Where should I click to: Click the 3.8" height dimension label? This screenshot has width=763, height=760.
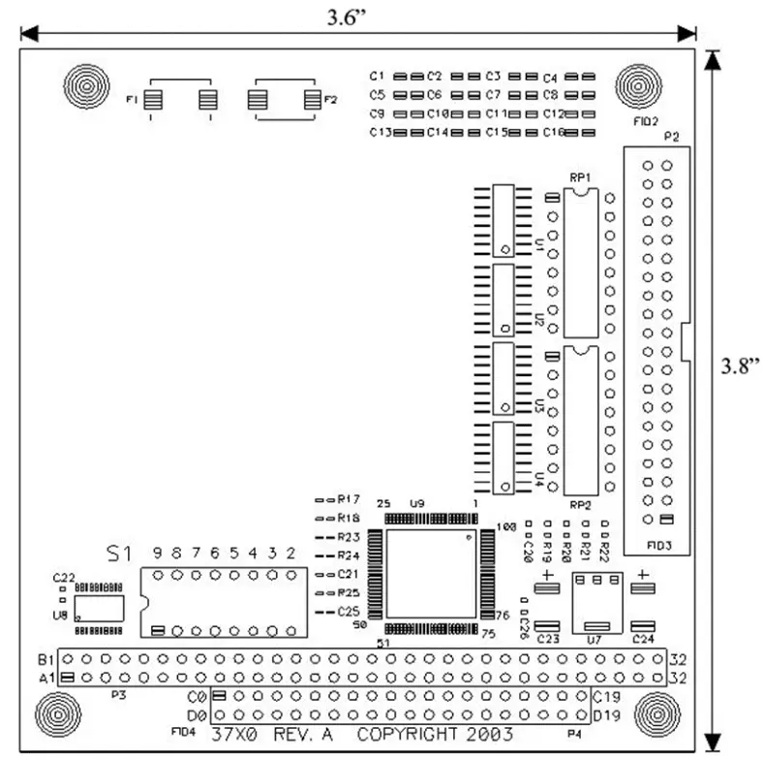coord(739,365)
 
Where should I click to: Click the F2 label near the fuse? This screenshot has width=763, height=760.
coord(329,100)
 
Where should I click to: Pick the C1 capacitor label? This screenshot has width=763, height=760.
coord(378,76)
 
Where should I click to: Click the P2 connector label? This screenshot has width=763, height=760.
coord(668,137)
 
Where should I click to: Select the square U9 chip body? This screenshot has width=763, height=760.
coord(430,574)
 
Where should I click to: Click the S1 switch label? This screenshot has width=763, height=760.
coord(117,554)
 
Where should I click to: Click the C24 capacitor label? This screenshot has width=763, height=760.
coord(643,640)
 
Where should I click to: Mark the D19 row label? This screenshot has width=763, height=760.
coord(607,715)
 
